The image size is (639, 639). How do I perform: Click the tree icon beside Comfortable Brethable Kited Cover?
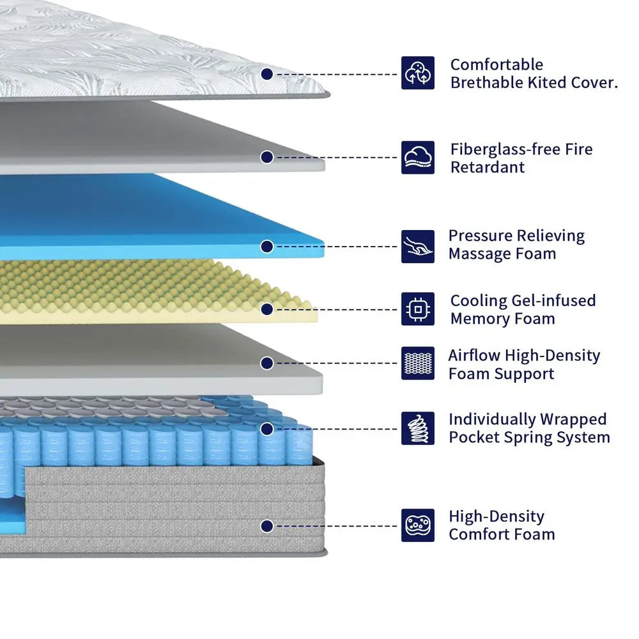[x=418, y=73]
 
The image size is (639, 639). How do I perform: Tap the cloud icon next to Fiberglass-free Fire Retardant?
[x=418, y=158]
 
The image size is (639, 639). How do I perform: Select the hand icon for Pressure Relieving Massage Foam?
[x=418, y=247]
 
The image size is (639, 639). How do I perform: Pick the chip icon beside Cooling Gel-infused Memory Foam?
[x=418, y=309]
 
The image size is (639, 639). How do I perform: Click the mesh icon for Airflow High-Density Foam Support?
[x=418, y=363]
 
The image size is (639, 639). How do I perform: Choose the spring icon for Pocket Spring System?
[x=418, y=428]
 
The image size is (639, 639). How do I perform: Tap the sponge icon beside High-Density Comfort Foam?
[x=418, y=525]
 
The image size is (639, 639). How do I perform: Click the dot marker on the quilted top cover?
[x=267, y=73]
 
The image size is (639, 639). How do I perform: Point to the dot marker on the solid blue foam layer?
[x=267, y=247]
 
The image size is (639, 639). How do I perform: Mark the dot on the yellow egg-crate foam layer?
[x=267, y=309]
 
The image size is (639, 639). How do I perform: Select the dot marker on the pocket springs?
[x=267, y=429]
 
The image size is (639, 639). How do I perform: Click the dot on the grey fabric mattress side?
[x=267, y=526]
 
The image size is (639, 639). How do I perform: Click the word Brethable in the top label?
[x=486, y=82]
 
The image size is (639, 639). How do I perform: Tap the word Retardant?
[x=488, y=167]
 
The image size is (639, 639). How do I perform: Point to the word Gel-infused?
[x=553, y=300]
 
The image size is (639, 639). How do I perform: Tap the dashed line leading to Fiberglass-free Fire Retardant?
[x=337, y=157]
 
